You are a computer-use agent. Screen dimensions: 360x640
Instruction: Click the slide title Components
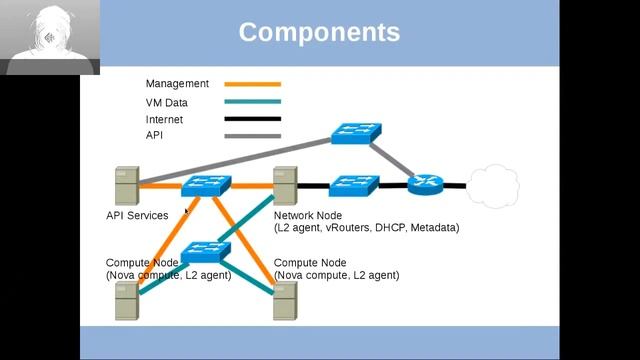click(x=319, y=32)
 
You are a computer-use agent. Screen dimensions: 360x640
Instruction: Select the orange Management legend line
click(x=252, y=84)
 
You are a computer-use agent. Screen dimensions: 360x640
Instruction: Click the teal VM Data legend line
click(x=252, y=102)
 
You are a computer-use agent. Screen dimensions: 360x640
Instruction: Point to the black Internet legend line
click(x=252, y=119)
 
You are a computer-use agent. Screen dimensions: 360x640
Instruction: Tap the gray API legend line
click(x=252, y=135)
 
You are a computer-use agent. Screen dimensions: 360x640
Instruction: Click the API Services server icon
click(x=126, y=186)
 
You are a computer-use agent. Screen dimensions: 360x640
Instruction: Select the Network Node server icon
click(x=285, y=186)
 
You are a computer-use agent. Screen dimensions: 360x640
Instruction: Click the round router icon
click(x=423, y=184)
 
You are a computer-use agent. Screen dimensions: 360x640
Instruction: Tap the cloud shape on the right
click(x=493, y=184)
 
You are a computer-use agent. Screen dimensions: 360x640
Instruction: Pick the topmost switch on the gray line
click(x=356, y=132)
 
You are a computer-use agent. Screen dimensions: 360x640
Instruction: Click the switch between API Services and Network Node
click(x=207, y=185)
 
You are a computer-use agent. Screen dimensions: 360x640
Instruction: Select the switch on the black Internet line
click(x=353, y=185)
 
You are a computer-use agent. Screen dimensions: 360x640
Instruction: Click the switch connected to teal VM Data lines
click(x=206, y=250)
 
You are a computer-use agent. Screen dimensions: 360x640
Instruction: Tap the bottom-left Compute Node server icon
click(x=126, y=300)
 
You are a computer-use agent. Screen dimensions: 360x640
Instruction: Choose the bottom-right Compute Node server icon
click(x=285, y=300)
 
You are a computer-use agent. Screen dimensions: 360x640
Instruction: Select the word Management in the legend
click(x=177, y=84)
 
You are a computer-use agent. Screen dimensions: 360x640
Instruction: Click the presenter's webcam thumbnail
click(x=50, y=37)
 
